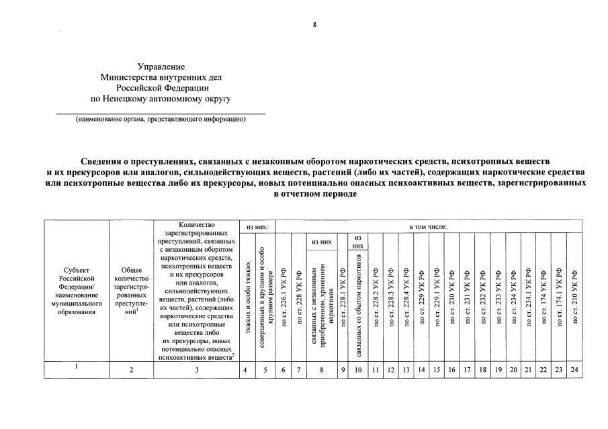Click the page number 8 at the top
[313, 25]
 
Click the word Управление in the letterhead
[161, 66]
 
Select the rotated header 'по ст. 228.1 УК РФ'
[342, 295]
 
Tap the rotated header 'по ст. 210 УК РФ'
[574, 295]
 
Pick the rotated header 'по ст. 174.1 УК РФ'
[559, 295]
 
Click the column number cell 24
[574, 369]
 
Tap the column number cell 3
[197, 369]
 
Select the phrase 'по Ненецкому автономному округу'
[161, 98]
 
